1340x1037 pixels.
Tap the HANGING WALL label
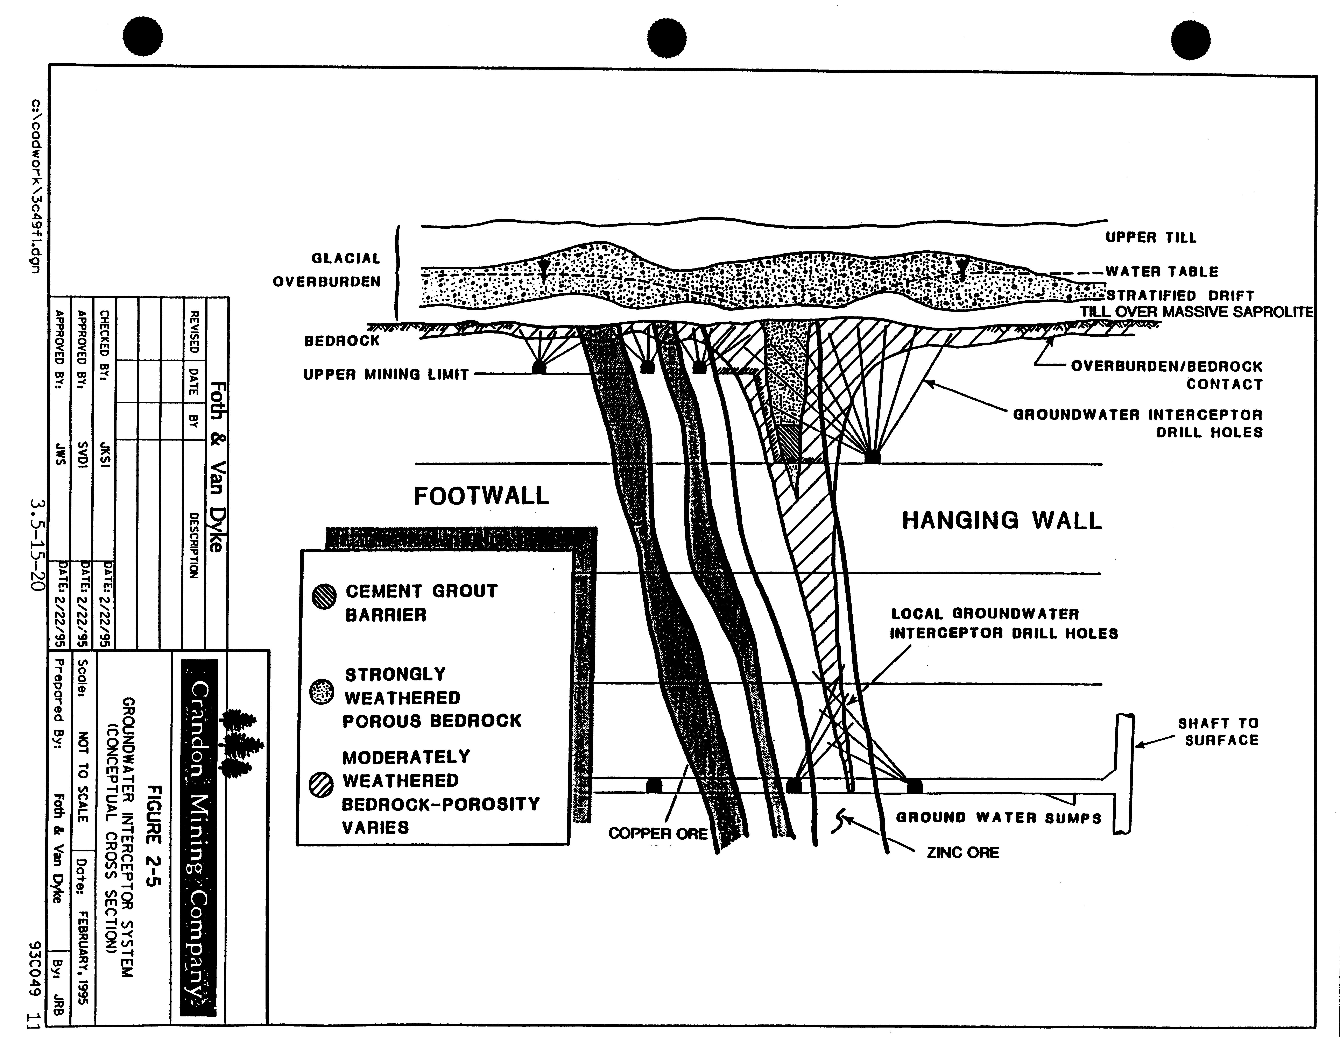(x=1001, y=521)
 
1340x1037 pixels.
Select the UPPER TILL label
(x=1150, y=237)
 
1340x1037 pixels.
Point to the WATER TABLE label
(x=1162, y=272)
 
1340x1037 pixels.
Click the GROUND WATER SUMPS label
(x=998, y=817)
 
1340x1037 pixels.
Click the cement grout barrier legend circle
(x=324, y=596)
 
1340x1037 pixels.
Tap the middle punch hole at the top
(x=667, y=38)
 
